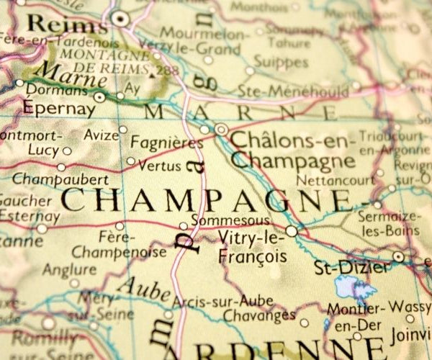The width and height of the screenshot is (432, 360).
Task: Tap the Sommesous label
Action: tap(222, 220)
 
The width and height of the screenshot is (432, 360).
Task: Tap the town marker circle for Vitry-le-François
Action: tap(291, 231)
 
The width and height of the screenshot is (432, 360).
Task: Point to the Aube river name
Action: tap(143, 288)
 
